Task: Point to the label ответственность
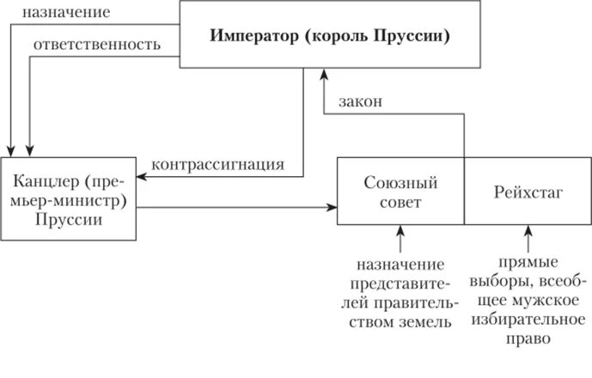tap(96, 45)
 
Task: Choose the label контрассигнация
tap(217, 163)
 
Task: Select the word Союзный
tap(400, 182)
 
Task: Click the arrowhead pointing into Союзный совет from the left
tap(332, 207)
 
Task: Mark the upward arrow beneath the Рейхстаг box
tap(528, 232)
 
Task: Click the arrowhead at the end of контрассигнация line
tap(143, 177)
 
